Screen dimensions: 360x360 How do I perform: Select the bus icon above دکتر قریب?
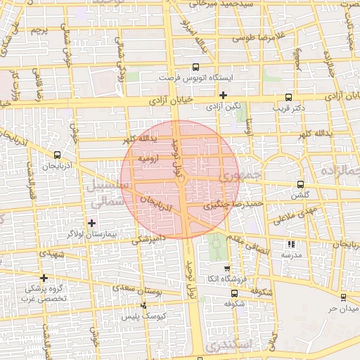(x=288, y=98)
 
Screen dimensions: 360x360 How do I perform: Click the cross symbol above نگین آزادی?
(x=224, y=95)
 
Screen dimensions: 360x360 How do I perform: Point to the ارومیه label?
(x=150, y=159)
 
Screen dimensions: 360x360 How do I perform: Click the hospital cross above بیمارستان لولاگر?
(x=91, y=223)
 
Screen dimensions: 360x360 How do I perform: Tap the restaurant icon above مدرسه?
(x=291, y=245)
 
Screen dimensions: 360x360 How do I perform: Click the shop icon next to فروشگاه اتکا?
(x=226, y=269)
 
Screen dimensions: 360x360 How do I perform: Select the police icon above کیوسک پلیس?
(x=144, y=306)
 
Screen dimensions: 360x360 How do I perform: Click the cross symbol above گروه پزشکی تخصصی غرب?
(x=44, y=278)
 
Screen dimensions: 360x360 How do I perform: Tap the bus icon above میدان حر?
(x=343, y=297)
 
